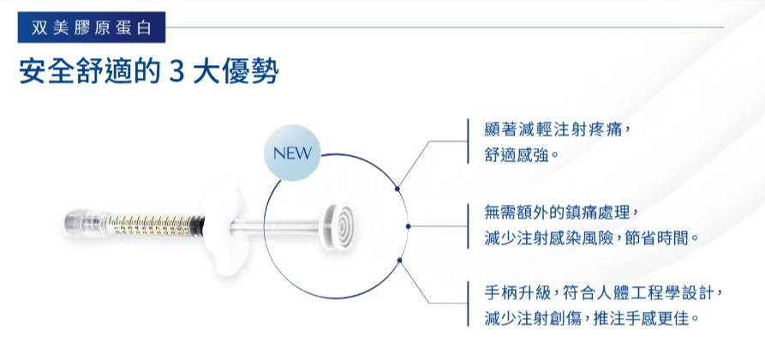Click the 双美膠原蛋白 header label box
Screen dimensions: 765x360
[91, 27]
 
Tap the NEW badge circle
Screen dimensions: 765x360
[292, 153]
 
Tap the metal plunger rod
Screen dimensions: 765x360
[276, 226]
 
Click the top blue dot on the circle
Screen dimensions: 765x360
[397, 188]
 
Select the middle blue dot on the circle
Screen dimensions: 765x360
[408, 226]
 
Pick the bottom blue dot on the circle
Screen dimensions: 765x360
[399, 261]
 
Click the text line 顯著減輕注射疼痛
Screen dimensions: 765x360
[554, 129]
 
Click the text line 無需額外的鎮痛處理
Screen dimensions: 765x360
[561, 213]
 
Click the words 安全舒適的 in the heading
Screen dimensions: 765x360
[89, 73]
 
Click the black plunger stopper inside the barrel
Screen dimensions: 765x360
[197, 226]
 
